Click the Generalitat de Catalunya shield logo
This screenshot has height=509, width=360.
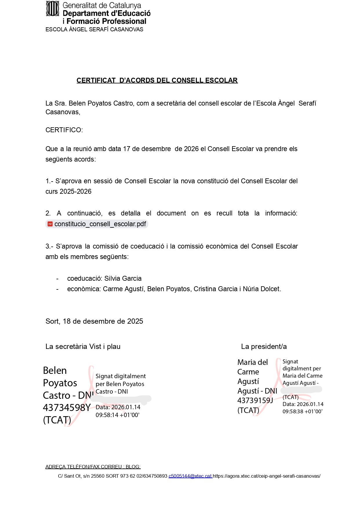[52, 9]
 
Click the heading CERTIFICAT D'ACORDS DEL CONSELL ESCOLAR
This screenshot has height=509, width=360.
[157, 80]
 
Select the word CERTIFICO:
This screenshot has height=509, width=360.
[64, 130]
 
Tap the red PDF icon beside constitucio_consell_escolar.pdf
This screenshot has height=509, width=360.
[50, 224]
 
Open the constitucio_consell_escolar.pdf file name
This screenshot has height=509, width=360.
[100, 224]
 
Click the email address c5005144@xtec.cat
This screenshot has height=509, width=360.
[190, 476]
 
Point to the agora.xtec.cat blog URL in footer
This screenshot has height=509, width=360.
[267, 476]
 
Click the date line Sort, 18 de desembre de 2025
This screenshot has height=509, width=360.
[94, 321]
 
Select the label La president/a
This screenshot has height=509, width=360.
[264, 346]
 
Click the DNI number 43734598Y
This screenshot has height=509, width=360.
[67, 407]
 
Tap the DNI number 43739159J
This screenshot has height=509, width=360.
[255, 401]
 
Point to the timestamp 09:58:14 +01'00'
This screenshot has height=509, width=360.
[117, 415]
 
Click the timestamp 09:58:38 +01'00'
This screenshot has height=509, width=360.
[302, 411]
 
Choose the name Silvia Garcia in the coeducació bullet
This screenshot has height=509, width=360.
[123, 278]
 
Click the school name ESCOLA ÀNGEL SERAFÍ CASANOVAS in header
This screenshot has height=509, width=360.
[94, 29]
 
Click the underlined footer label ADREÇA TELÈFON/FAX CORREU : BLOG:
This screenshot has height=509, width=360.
[93, 467]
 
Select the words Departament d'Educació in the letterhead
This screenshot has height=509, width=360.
[107, 13]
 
